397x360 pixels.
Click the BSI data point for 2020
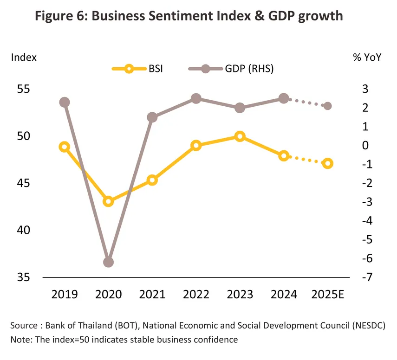click(108, 201)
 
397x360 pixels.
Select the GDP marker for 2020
click(108, 262)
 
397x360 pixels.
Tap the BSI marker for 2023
click(240, 136)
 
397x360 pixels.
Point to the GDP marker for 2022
click(196, 98)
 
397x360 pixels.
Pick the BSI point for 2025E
click(327, 163)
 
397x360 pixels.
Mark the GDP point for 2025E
click(327, 106)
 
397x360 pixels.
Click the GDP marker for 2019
click(65, 102)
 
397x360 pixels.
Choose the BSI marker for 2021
click(152, 180)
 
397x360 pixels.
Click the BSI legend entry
click(139, 69)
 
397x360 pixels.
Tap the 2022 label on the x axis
click(196, 295)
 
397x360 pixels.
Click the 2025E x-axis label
click(328, 295)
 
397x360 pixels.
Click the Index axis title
click(24, 58)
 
